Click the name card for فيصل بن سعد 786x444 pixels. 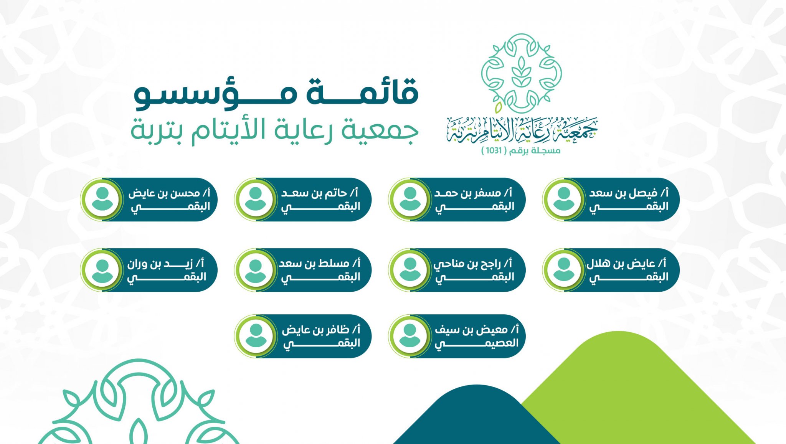tap(611, 200)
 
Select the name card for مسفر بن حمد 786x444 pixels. tap(457, 200)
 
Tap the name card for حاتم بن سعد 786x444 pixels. tap(303, 200)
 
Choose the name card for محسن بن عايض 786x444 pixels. tap(149, 200)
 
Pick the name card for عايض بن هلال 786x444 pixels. tap(611, 270)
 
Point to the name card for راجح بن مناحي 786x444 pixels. tap(457, 270)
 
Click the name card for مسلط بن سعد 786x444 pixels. tap(303, 270)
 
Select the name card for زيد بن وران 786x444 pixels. tap(149, 270)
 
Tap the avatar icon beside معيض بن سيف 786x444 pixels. tap(410, 336)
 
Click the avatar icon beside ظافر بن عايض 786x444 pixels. tap(256, 336)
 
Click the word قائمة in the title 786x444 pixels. tap(362, 92)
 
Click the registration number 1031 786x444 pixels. tap(494, 150)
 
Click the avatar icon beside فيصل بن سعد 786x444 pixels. tap(563, 200)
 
